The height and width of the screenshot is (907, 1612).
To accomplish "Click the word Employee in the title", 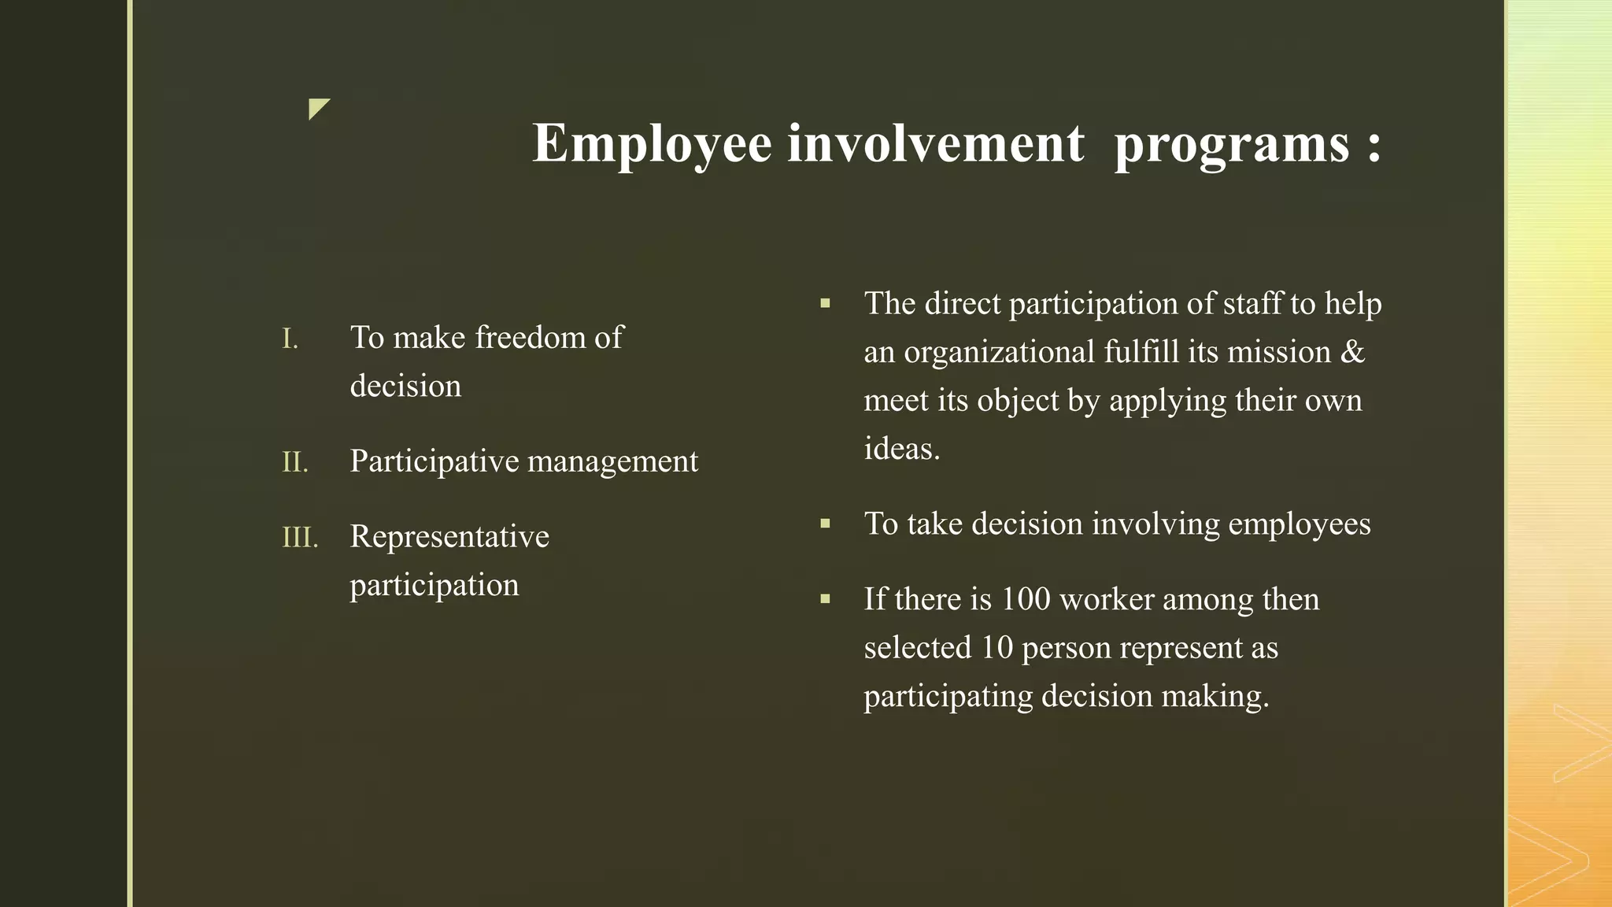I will (x=652, y=144).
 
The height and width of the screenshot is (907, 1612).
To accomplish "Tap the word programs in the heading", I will (x=1232, y=144).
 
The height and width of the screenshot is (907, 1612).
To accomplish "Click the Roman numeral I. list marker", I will (x=290, y=339).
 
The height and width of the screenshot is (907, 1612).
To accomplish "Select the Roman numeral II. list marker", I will (x=295, y=462).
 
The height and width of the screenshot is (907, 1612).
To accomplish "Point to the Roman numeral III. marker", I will (x=300, y=538).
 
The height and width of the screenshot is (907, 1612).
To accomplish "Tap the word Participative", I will (x=435, y=461).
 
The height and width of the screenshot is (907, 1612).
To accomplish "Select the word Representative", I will (x=449, y=536).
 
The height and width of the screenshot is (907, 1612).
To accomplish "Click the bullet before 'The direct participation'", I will (x=825, y=303).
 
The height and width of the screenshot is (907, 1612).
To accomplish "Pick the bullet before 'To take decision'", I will (x=825, y=524).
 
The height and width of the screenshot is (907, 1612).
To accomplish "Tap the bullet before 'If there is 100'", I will (x=825, y=599).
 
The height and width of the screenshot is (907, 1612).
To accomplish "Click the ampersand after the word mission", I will (x=1352, y=352).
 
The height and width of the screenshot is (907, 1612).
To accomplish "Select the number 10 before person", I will (x=996, y=648).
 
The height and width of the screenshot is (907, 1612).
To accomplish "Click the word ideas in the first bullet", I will (x=901, y=449).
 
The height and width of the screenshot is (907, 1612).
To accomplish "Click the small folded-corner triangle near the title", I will (x=317, y=108).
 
